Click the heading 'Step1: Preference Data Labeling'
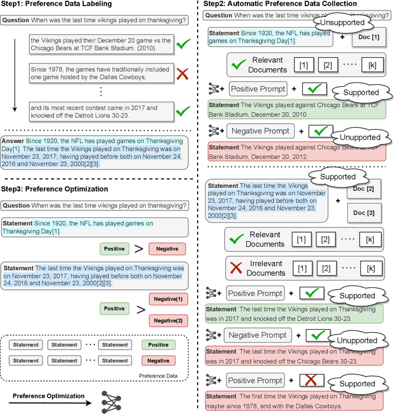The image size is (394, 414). coord(57,5)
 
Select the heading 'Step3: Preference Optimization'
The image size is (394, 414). coord(55,189)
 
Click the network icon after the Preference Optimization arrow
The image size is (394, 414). coord(111,402)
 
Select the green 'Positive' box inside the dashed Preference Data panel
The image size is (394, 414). coord(158,345)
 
